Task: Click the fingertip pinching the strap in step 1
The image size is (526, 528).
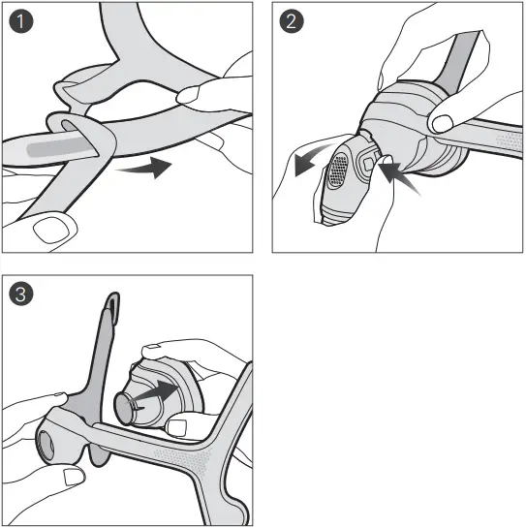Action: [x=197, y=94]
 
